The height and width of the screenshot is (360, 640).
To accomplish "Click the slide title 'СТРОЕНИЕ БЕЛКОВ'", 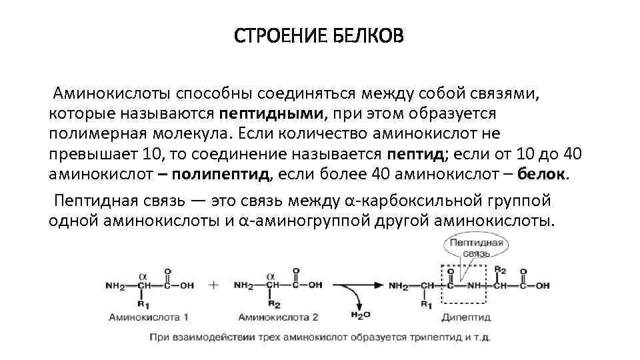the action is tap(319, 35).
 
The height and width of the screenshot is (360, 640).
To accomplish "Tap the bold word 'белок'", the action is tap(541, 175).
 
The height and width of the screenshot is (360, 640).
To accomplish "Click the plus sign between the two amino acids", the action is tap(214, 285).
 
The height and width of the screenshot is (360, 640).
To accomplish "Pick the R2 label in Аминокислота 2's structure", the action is tap(272, 303).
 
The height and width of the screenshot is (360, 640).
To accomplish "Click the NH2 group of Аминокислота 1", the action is tap(115, 285).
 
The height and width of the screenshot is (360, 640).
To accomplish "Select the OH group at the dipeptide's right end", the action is tap(542, 285).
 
